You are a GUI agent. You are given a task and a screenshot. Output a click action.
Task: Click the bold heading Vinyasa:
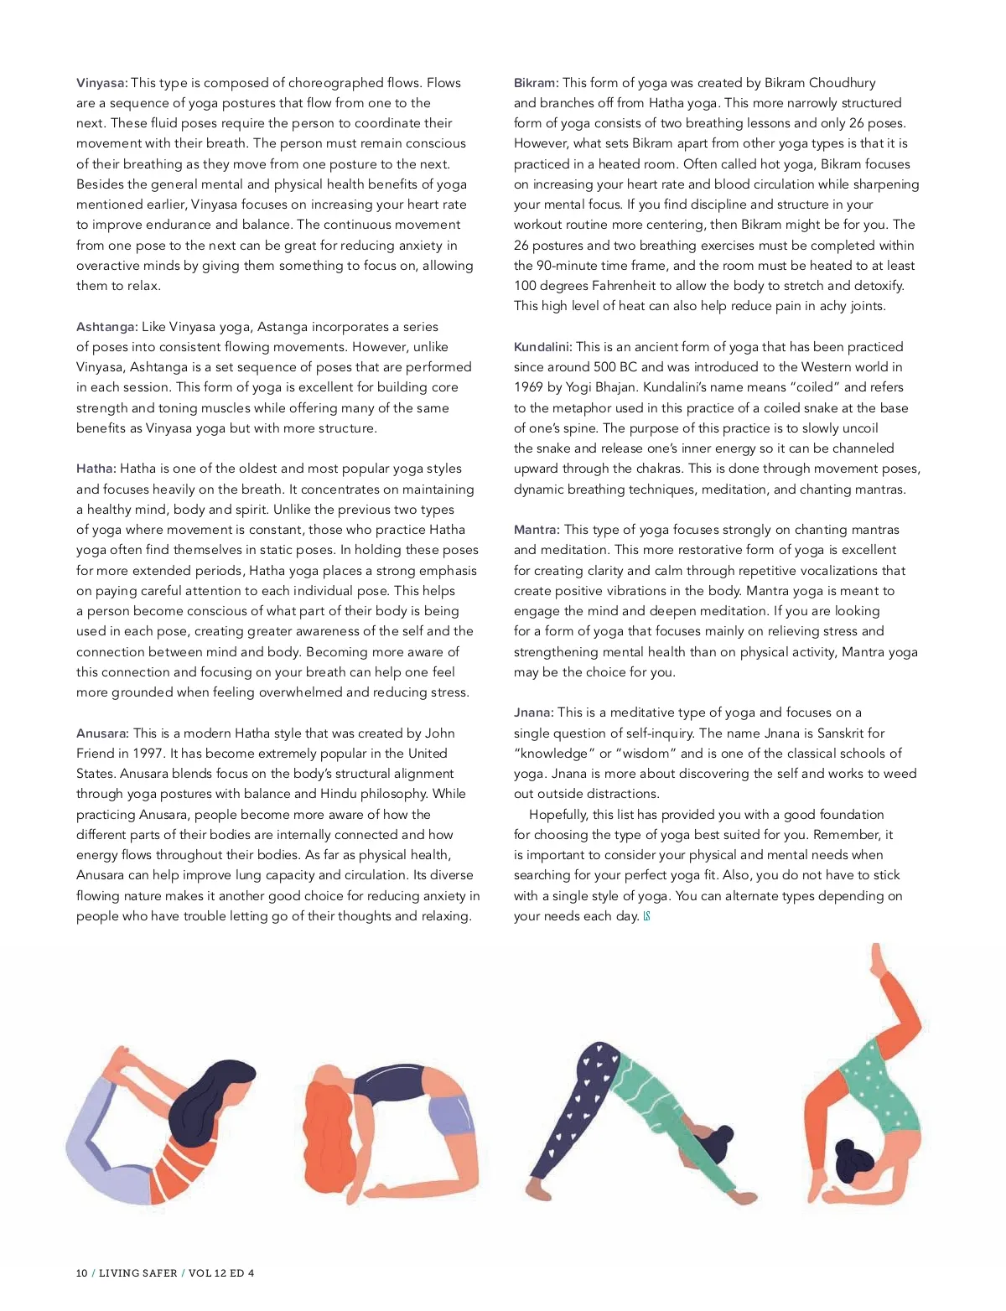point(101,83)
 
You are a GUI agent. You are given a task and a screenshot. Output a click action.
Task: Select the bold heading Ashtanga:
point(106,327)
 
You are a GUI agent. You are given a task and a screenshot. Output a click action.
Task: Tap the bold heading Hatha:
point(96,469)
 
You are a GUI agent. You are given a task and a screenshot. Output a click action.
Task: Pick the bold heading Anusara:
point(102,733)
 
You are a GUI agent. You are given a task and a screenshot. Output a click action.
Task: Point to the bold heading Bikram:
point(536,83)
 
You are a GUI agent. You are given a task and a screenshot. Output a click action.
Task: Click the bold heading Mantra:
point(537,530)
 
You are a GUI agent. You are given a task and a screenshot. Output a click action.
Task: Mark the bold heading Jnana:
point(533,712)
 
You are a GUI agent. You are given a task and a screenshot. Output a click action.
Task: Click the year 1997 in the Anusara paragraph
point(148,754)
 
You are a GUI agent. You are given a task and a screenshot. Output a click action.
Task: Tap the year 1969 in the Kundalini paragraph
point(530,387)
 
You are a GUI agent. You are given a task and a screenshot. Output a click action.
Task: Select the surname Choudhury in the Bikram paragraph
point(842,83)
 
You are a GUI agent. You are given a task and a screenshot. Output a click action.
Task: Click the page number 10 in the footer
point(81,1273)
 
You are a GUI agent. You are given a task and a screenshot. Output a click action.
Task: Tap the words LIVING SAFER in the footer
point(138,1273)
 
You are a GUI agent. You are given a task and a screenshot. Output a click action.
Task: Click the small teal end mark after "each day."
point(647,916)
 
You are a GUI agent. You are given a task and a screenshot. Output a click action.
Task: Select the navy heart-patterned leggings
point(578,1106)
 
